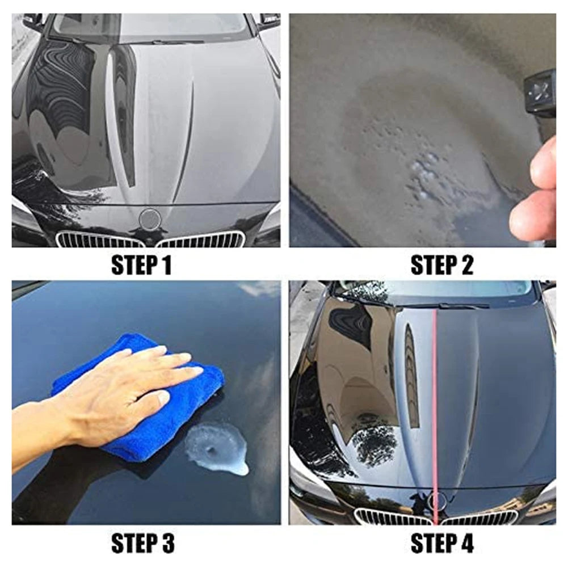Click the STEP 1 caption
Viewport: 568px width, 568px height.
(141, 266)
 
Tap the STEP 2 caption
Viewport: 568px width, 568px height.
(441, 266)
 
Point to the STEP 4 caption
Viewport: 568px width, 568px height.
(441, 544)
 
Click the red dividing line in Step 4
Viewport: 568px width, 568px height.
(435, 397)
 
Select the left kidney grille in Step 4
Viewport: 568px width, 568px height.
(392, 517)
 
